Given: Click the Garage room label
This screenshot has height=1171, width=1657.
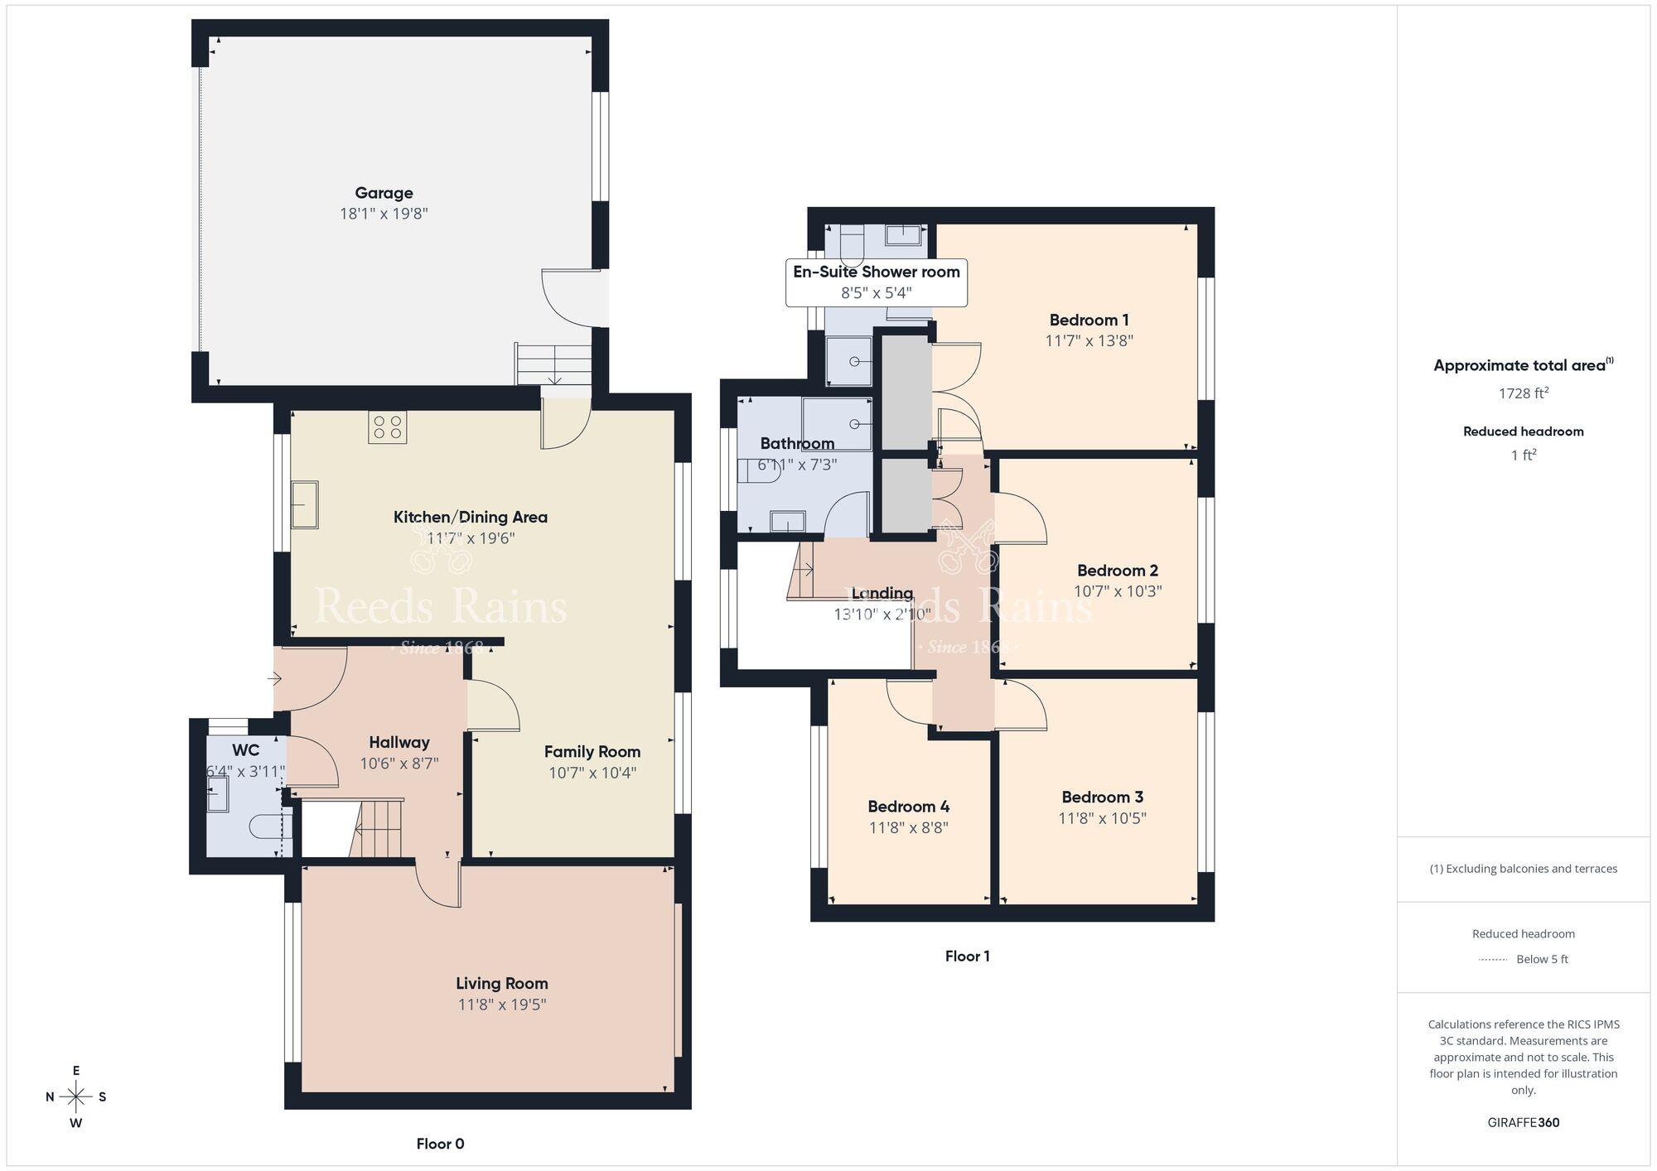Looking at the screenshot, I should pyautogui.click(x=384, y=193).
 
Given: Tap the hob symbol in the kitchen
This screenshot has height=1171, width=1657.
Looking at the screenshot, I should pyautogui.click(x=387, y=427).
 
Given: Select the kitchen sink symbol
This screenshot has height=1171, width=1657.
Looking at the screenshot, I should pyautogui.click(x=304, y=504).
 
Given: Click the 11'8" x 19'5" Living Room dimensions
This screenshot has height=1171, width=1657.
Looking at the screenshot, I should pyautogui.click(x=501, y=1005).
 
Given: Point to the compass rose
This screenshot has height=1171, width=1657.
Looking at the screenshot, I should pyautogui.click(x=76, y=1097).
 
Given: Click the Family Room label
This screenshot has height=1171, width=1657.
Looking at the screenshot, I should pyautogui.click(x=592, y=752).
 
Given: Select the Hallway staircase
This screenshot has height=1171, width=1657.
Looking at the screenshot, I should pyautogui.click(x=377, y=828).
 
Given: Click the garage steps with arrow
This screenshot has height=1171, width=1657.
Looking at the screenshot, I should pyautogui.click(x=553, y=364).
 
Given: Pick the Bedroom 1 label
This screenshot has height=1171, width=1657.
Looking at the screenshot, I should pyautogui.click(x=1089, y=320).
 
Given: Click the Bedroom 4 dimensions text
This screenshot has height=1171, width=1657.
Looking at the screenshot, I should pyautogui.click(x=908, y=827).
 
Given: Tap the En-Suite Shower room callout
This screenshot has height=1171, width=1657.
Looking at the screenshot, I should pyautogui.click(x=876, y=282).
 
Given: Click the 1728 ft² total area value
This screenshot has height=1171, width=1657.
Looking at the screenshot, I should pyautogui.click(x=1523, y=393).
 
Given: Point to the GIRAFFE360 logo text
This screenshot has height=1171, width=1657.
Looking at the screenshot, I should pyautogui.click(x=1523, y=1123).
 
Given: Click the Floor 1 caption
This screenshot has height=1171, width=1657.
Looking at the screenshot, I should pyautogui.click(x=967, y=957).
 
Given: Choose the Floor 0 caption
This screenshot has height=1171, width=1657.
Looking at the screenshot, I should pyautogui.click(x=440, y=1144).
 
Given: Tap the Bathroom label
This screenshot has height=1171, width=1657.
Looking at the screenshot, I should pyautogui.click(x=796, y=444).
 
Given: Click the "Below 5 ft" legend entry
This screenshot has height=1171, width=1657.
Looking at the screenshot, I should pyautogui.click(x=1541, y=959).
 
